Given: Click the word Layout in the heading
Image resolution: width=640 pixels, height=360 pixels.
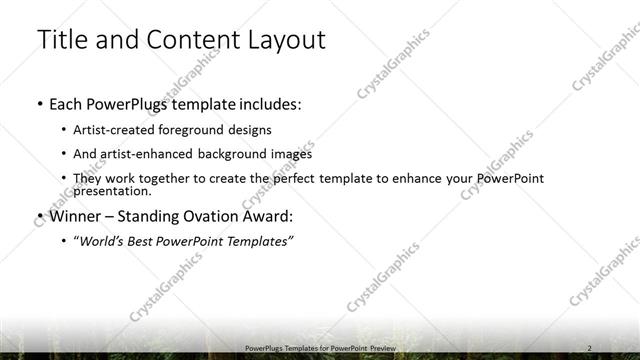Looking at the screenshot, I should coord(285,40).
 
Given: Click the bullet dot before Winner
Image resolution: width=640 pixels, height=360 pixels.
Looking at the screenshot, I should coord(39,215).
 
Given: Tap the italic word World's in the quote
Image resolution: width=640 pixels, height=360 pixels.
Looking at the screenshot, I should coord(106,240).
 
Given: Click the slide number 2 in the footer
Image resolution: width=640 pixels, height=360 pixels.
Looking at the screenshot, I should coord(590,347).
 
